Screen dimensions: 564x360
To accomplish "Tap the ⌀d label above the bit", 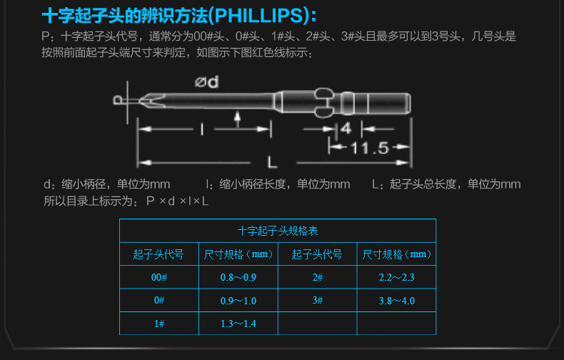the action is click(206, 82).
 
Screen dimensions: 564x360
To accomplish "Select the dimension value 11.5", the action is click(368, 148).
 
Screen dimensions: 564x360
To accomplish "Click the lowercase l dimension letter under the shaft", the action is click(203, 129).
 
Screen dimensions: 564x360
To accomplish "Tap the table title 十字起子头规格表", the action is click(277, 231).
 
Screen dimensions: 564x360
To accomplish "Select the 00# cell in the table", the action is click(158, 277).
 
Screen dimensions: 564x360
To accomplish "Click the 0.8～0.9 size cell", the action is click(238, 277).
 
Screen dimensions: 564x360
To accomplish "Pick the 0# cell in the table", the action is click(158, 301).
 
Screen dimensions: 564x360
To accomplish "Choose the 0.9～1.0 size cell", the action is click(238, 301).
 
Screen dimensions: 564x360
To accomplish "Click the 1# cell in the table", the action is click(158, 324).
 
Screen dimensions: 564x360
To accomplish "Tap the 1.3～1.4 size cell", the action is click(238, 324).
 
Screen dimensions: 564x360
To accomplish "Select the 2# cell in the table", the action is click(317, 277).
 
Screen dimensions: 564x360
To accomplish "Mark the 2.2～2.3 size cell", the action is click(396, 277).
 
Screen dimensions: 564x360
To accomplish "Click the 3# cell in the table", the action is click(317, 301).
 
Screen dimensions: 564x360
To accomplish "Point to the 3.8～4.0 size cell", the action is click(396, 301).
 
